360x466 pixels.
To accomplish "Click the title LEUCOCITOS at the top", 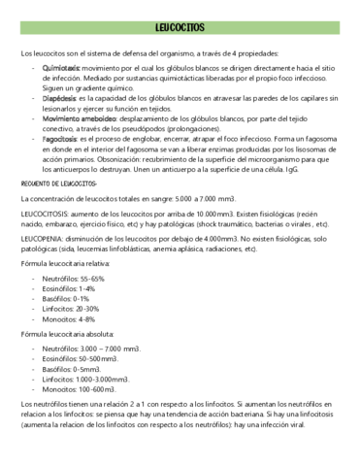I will pos(180,29).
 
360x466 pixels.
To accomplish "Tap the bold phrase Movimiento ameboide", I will pos(78,117).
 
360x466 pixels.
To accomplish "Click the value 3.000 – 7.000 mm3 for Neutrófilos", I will pos(118,348).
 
